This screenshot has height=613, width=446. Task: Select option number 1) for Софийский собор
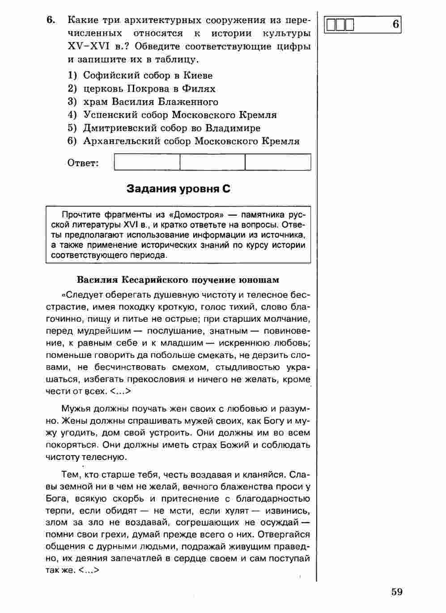[73, 75]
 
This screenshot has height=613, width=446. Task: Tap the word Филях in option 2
[200, 89]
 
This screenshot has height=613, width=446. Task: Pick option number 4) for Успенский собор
[73, 115]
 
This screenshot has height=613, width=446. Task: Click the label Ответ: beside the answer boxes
[83, 163]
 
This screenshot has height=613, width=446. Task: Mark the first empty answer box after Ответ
[147, 162]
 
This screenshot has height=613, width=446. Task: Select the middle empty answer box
[212, 162]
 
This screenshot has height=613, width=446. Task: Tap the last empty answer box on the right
[278, 162]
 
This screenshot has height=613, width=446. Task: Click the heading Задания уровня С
[178, 189]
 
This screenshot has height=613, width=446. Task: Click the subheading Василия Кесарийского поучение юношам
[178, 280]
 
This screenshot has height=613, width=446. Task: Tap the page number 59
[397, 592]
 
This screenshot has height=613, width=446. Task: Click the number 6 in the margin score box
[395, 24]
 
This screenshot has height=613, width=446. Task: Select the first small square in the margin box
[331, 25]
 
